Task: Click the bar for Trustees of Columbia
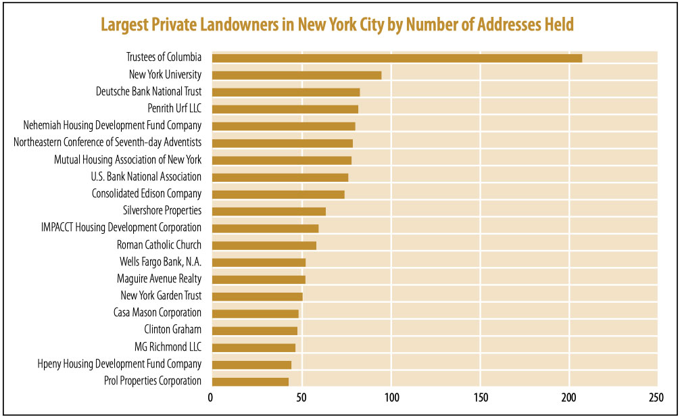[x=397, y=58]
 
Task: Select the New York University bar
[x=296, y=75]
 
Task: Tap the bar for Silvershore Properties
[x=268, y=211]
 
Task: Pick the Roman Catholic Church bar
[x=264, y=245]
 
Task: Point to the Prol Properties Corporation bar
[x=250, y=381]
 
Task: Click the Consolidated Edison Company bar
[x=278, y=194]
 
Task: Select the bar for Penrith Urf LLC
[x=285, y=109]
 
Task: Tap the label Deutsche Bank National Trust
[x=149, y=92]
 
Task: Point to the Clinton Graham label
[x=172, y=330]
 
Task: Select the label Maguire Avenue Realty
[x=159, y=279]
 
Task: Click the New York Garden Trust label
[x=161, y=296]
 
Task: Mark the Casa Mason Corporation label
[x=157, y=313]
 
